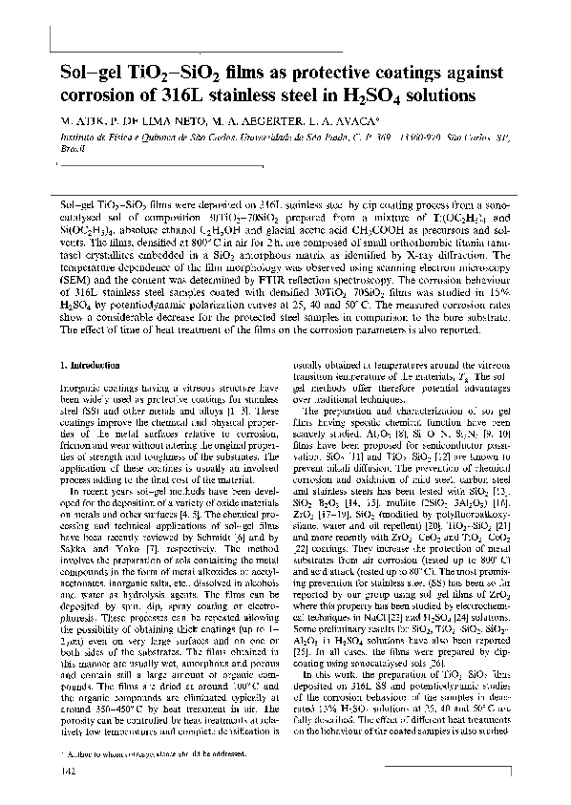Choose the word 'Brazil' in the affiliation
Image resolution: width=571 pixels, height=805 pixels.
point(72,149)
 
